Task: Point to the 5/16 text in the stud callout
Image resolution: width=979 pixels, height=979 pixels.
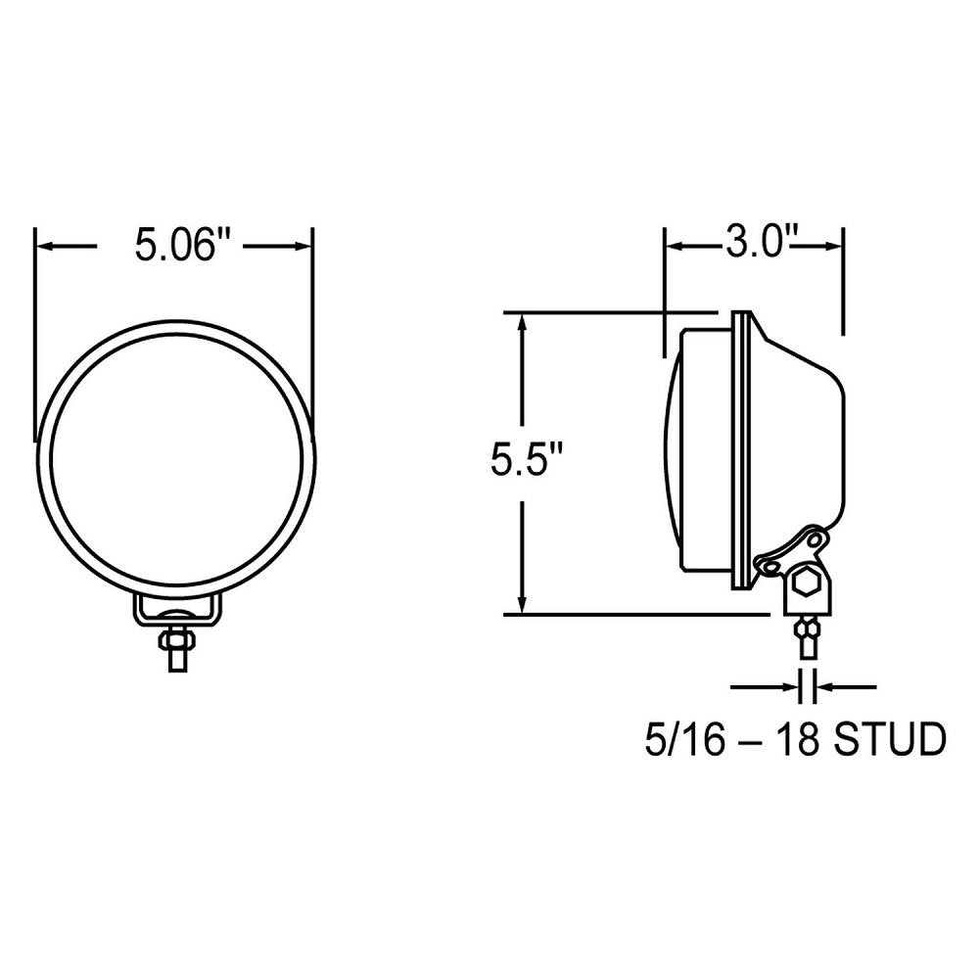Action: pyautogui.click(x=685, y=740)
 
